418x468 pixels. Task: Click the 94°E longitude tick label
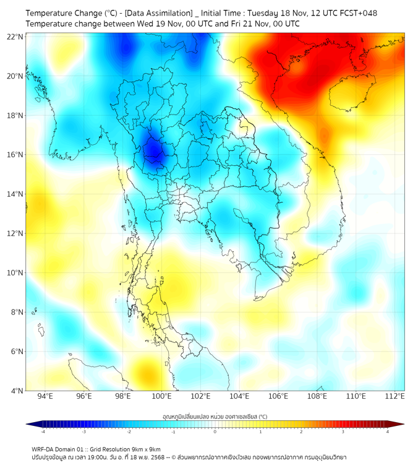pos(45,397)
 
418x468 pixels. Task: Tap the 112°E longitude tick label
pos(395,397)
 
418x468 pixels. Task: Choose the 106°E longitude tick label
pos(278,397)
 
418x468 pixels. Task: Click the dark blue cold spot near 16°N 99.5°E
pos(153,150)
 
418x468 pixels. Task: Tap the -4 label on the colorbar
pos(42,431)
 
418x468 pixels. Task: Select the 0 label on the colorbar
pos(215,431)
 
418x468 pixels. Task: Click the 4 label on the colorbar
pos(388,431)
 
